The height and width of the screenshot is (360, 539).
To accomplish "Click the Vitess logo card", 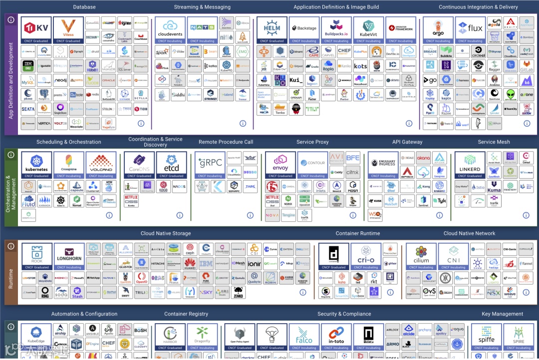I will pyautogui.click(x=68, y=30).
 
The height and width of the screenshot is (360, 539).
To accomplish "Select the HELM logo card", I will pyautogui.click(x=272, y=30).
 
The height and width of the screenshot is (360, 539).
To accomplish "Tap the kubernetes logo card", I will pyautogui.click(x=36, y=165).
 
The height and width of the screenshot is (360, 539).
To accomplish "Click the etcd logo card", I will pyautogui.click(x=172, y=165).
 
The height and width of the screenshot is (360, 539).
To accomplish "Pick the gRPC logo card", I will pyautogui.click(x=210, y=165).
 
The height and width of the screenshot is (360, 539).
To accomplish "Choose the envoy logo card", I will pyautogui.click(x=280, y=165).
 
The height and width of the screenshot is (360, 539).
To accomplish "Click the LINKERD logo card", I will pyautogui.click(x=470, y=165).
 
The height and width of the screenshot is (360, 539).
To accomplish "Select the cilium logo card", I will pyautogui.click(x=421, y=256).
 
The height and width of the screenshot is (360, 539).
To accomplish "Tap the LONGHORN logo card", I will pyautogui.click(x=69, y=256).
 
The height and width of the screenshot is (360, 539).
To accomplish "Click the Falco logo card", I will pyautogui.click(x=304, y=337).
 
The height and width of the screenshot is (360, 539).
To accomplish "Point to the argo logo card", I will pyautogui.click(x=438, y=30).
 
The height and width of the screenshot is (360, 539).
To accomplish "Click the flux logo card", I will pyautogui.click(x=470, y=30).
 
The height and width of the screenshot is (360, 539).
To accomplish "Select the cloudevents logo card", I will pyautogui.click(x=170, y=30).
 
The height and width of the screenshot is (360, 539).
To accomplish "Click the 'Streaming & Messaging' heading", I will pyautogui.click(x=202, y=7).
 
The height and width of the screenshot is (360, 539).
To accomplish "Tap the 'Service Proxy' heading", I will pyautogui.click(x=312, y=142).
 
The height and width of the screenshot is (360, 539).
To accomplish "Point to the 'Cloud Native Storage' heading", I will pyautogui.click(x=165, y=233).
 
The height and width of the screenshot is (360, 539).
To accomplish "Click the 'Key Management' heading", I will pyautogui.click(x=503, y=314).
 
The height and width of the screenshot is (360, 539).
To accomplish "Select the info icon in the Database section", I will pyautogui.click(x=141, y=123).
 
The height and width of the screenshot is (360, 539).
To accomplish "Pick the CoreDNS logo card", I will pyautogui.click(x=140, y=165).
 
